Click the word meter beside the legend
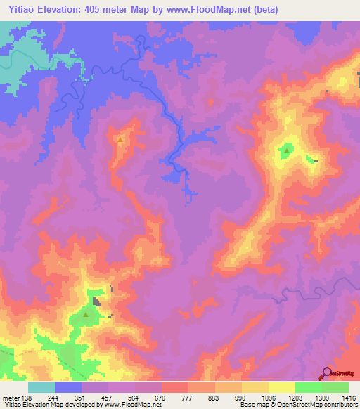tap(11, 398)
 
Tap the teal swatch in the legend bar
tap(41, 387)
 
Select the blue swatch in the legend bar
tap(68, 387)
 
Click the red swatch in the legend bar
tap(175, 387)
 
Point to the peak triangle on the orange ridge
tap(120, 139)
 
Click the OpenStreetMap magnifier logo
tap(327, 372)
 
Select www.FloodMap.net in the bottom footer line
tap(130, 405)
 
